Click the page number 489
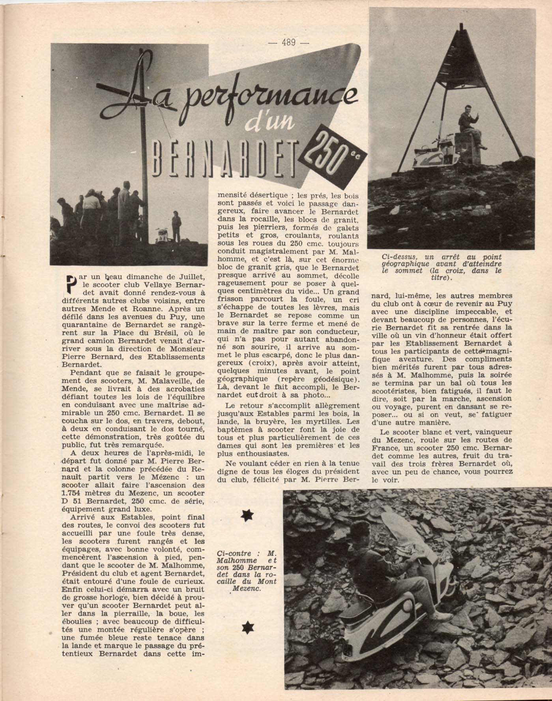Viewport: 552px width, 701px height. (x=289, y=42)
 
